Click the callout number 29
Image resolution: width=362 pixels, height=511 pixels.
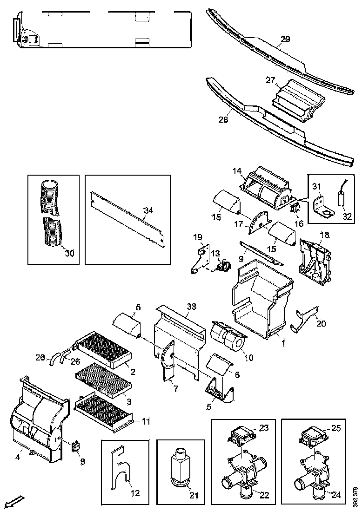coord(285,39)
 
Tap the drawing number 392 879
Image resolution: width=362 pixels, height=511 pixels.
coord(355,496)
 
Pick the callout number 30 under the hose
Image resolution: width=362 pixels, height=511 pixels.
coord(69,253)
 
